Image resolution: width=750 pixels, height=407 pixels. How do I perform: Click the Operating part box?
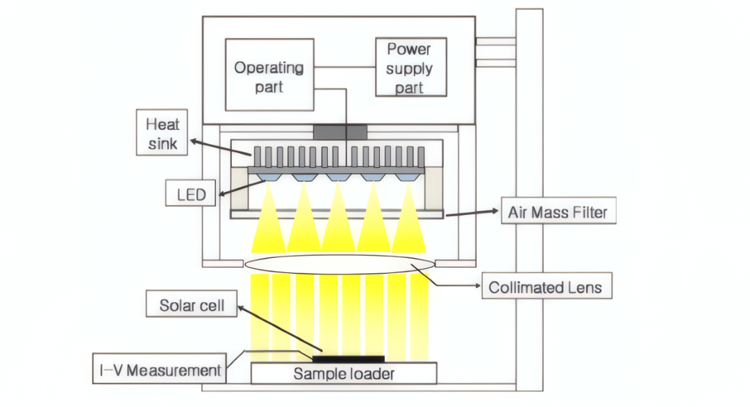click(269, 74)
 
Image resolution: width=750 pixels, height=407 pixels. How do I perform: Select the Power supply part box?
click(411, 67)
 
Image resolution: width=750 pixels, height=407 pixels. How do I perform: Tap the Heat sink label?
click(162, 132)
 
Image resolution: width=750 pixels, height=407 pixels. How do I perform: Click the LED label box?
click(190, 193)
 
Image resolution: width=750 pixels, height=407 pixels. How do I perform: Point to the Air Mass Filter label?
click(558, 210)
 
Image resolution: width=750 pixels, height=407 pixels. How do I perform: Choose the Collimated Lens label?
click(547, 286)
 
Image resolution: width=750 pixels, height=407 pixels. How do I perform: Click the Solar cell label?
click(192, 304)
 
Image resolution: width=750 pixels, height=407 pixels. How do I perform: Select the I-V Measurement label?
click(159, 368)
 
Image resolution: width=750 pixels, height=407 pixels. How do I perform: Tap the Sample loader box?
click(344, 373)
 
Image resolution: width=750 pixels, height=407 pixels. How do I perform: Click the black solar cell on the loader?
click(348, 358)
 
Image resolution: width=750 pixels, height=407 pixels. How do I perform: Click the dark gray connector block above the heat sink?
click(340, 132)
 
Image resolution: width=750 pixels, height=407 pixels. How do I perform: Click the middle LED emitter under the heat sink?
click(339, 177)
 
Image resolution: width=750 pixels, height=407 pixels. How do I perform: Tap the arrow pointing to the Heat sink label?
click(221, 148)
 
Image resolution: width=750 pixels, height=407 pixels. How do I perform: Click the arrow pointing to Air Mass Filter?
click(472, 213)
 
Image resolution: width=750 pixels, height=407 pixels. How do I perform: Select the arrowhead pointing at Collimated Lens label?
click(477, 286)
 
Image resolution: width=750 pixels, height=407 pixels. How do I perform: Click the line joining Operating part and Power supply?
click(344, 67)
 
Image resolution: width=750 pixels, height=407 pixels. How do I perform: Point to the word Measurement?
click(174, 370)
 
